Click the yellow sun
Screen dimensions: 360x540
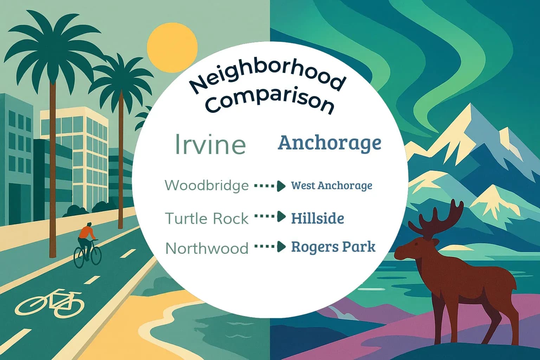point(172,47)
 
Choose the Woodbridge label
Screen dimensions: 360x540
point(207,185)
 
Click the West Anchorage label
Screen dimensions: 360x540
point(332,186)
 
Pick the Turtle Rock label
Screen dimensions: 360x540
point(207,219)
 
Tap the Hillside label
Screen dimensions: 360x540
point(317,219)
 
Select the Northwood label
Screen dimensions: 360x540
point(207,249)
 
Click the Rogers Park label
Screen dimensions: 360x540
point(333,247)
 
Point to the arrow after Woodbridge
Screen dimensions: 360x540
point(270,186)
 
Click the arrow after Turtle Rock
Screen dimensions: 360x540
point(270,217)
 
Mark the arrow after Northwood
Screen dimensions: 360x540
point(270,247)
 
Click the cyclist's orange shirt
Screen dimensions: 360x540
point(86,232)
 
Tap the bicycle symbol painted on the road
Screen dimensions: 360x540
point(51,303)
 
